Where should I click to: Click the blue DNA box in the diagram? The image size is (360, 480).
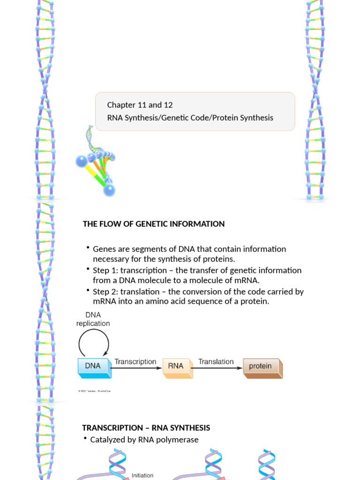pos(93,367)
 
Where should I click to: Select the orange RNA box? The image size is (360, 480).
pos(176,367)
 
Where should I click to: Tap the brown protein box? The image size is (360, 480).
pos(261,367)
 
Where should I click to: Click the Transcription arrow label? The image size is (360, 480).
pos(135,361)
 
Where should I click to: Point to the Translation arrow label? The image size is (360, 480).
pos(216,361)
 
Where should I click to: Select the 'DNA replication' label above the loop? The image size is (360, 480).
pos(93,319)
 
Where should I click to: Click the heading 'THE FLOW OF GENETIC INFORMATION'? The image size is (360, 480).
pos(154,224)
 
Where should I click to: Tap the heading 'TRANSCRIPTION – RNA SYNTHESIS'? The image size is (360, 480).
pos(146,427)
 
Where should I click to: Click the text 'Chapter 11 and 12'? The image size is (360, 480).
pos(140,105)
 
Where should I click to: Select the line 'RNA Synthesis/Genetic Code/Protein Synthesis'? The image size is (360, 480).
pos(190,118)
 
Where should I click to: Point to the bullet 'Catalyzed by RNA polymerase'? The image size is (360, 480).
pos(144,440)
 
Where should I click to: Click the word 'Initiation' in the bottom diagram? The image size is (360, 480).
pos(142,475)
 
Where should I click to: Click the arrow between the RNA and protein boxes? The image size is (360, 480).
pos(217,368)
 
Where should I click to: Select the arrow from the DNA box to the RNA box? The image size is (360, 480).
pos(136,368)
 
